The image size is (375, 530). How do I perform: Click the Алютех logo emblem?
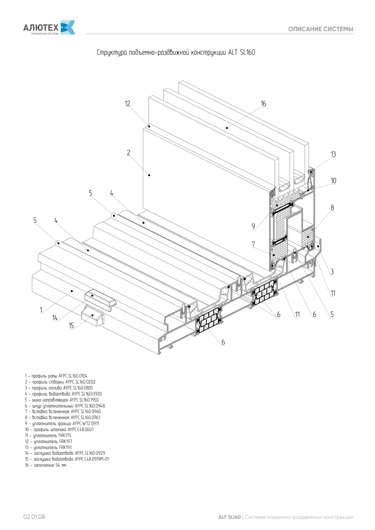click(x=68, y=27)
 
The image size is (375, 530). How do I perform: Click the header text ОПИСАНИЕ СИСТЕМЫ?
click(x=321, y=29)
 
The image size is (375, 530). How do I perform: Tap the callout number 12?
click(x=127, y=103)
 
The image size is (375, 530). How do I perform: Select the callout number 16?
click(x=263, y=103)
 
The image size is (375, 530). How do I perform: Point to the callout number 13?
click(x=333, y=154)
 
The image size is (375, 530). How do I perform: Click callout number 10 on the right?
click(x=333, y=181)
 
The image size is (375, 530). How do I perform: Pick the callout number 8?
click(x=332, y=208)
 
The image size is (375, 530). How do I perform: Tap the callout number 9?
click(x=253, y=227)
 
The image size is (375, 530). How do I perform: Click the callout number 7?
click(x=253, y=244)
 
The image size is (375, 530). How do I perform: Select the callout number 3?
click(x=332, y=272)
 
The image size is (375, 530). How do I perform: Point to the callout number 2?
click(x=128, y=152)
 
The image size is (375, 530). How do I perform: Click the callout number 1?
click(x=41, y=310)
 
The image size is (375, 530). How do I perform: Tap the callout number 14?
click(x=55, y=318)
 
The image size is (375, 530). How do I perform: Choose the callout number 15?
click(x=71, y=326)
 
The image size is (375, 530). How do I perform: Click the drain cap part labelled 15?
click(x=93, y=316)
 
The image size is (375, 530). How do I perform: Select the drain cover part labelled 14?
click(x=100, y=300)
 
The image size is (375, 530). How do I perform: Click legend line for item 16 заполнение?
click(x=45, y=465)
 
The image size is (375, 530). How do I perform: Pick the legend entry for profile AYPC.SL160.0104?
click(x=56, y=376)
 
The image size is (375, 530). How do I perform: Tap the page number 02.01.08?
click(x=34, y=517)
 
